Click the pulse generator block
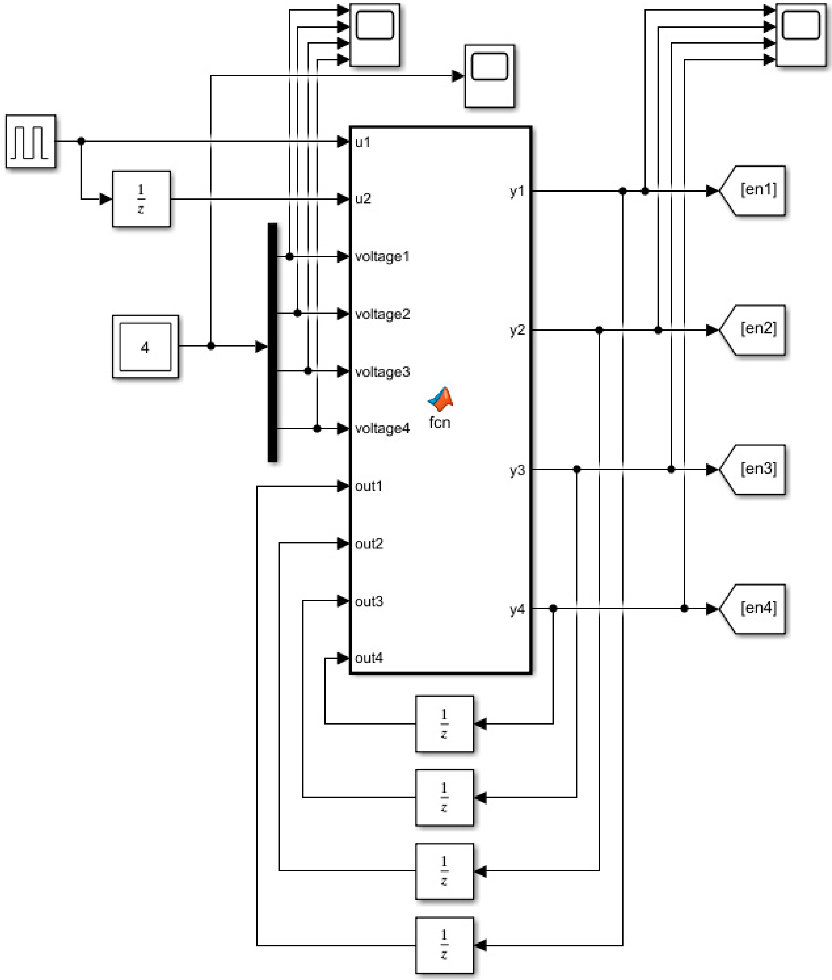click(x=31, y=141)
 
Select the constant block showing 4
click(x=145, y=347)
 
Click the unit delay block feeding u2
click(x=141, y=199)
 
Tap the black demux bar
click(x=272, y=342)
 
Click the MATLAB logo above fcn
click(x=441, y=399)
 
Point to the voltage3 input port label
click(x=382, y=372)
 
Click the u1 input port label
click(x=362, y=142)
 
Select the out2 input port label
click(x=369, y=544)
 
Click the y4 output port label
click(x=517, y=609)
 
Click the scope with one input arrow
click(x=489, y=75)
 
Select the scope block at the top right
click(x=800, y=34)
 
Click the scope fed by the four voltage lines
click(x=374, y=34)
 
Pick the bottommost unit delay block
click(x=444, y=945)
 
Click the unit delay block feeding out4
click(x=444, y=723)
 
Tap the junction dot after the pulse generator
click(x=81, y=141)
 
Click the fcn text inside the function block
click(x=440, y=422)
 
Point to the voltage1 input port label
click(x=382, y=257)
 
